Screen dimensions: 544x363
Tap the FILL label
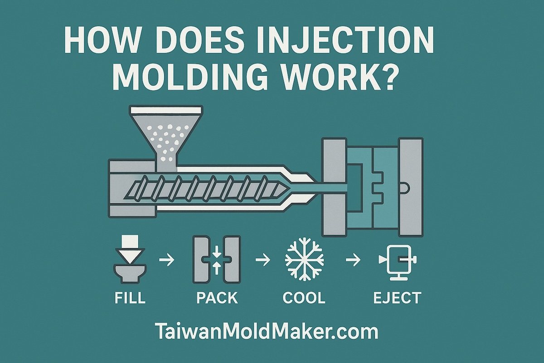click(x=130, y=297)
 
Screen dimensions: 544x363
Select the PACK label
click(x=217, y=297)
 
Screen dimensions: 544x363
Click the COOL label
click(x=304, y=297)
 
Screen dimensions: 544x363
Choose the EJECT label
click(x=397, y=297)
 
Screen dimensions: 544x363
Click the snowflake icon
click(x=304, y=260)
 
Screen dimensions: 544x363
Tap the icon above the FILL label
click(x=130, y=259)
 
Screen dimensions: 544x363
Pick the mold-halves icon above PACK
click(x=217, y=259)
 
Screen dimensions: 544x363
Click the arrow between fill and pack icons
click(x=167, y=260)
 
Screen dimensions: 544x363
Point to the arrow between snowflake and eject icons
click(x=353, y=260)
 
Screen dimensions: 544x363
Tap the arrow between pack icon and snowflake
click(x=263, y=260)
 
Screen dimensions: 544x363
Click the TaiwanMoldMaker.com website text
click(x=266, y=332)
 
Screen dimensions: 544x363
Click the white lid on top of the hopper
click(x=166, y=110)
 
